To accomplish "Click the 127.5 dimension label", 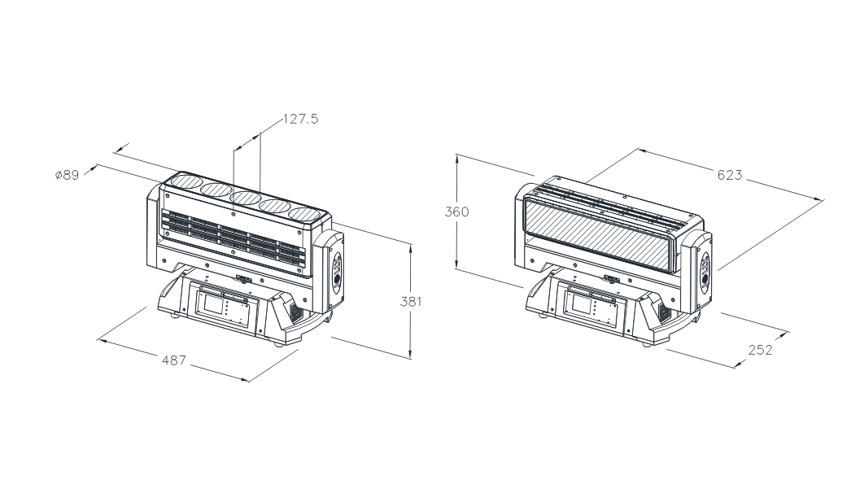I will click(x=300, y=119).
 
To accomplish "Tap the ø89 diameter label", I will click(x=67, y=175).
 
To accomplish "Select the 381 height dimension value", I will click(x=412, y=301).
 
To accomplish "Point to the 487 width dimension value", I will click(x=173, y=359).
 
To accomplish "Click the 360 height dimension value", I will click(x=456, y=212).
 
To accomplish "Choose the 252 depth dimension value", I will click(x=760, y=350).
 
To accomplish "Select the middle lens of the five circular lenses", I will click(x=246, y=198).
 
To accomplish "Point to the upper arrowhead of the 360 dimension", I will click(x=457, y=157).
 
